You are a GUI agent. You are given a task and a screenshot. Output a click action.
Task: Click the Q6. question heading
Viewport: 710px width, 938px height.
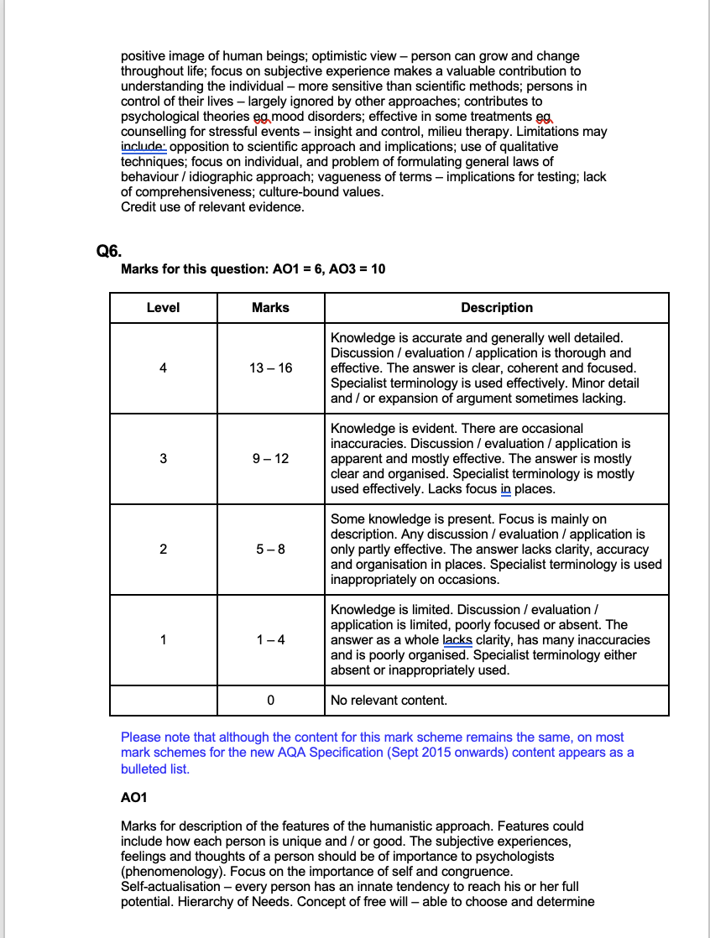click(110, 249)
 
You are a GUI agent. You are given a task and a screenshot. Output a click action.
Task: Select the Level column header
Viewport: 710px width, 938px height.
click(163, 308)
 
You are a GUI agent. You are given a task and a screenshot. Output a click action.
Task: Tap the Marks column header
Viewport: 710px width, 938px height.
click(270, 308)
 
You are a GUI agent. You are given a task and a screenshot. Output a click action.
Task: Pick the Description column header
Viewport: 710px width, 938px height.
click(497, 308)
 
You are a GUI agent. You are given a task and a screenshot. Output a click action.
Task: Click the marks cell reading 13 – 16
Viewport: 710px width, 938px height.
click(270, 368)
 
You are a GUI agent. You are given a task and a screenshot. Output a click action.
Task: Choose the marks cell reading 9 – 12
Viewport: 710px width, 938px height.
click(270, 459)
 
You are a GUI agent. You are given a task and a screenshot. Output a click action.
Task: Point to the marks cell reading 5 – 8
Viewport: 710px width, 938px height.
click(270, 550)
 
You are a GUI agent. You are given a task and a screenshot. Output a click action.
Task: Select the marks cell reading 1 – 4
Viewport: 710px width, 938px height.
click(270, 640)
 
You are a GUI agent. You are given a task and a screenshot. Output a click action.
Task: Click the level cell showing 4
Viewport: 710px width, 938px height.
click(163, 368)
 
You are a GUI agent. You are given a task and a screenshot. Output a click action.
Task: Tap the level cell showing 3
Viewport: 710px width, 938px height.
click(163, 459)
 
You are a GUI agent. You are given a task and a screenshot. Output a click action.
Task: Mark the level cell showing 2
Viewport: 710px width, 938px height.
click(163, 550)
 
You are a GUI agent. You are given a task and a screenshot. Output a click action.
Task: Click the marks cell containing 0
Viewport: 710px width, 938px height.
click(270, 701)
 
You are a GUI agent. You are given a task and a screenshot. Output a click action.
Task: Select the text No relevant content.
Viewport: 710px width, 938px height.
click(389, 701)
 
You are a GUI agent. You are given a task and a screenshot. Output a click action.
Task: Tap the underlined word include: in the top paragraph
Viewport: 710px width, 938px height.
click(144, 147)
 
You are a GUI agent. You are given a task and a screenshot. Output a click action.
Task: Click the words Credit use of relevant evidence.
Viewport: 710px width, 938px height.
click(212, 207)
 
